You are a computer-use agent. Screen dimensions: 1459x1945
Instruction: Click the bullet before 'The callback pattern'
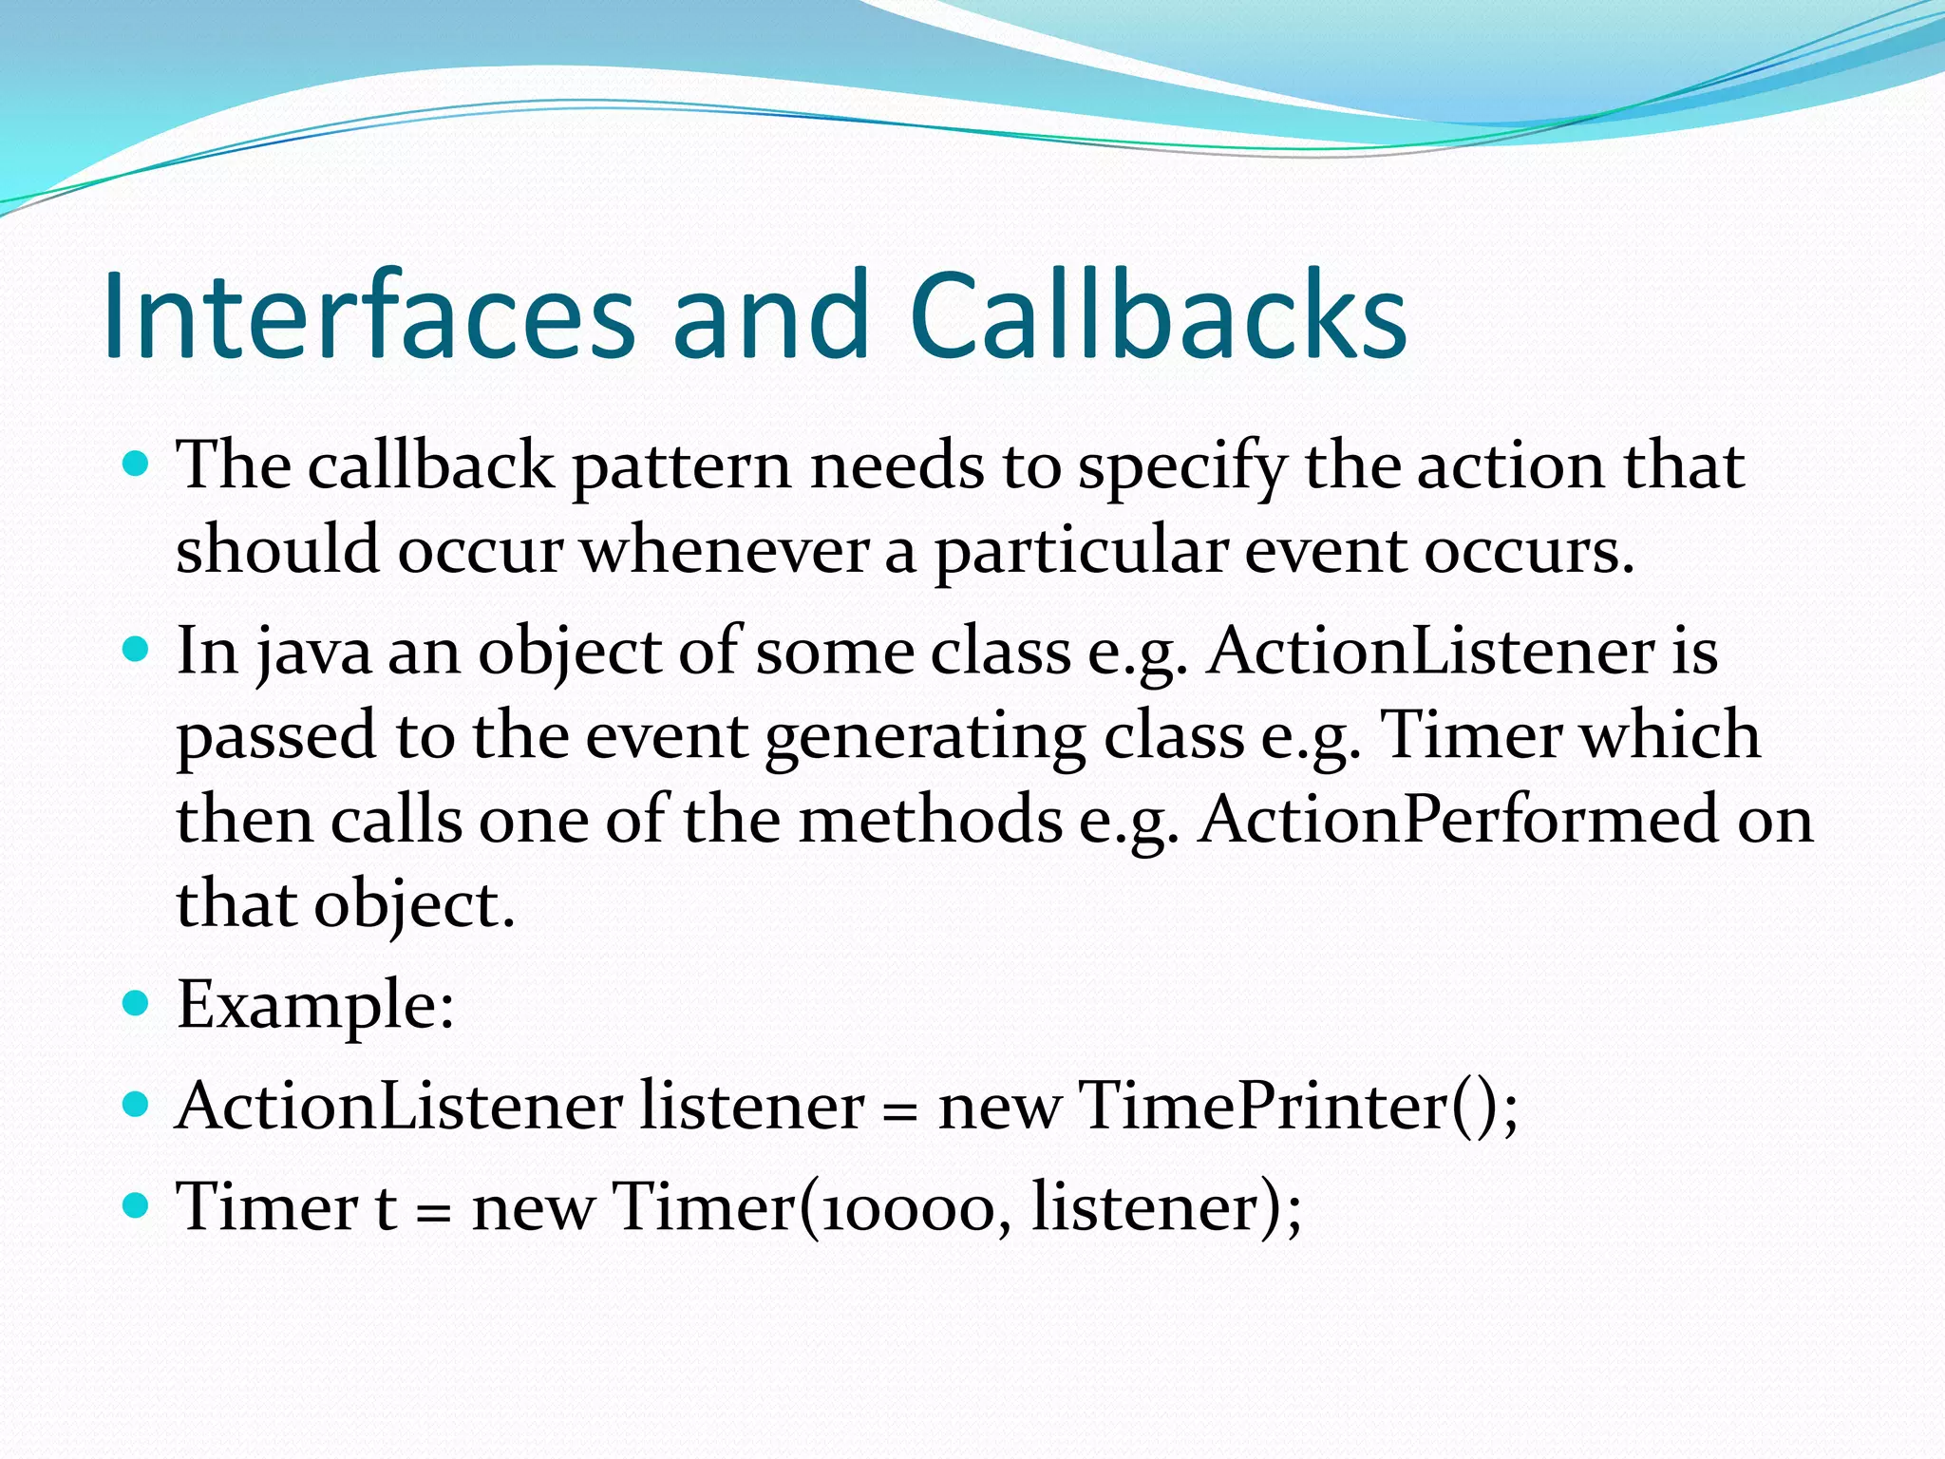pos(138,464)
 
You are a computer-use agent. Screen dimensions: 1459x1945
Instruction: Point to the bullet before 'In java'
pos(138,650)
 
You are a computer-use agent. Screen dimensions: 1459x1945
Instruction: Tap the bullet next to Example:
pos(138,1003)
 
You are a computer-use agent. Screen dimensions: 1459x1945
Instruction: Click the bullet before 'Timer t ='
pos(138,1205)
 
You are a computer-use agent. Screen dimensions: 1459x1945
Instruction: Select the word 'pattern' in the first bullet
pos(681,467)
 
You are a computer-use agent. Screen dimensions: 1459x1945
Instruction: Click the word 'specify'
pos(1181,467)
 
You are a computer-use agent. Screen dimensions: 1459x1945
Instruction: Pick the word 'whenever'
pos(724,551)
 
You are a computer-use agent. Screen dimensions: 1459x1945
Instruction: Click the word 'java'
pos(313,654)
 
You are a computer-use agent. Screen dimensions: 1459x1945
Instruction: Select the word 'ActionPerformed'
pos(1458,819)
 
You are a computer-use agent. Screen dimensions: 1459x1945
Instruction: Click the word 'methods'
pos(930,819)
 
